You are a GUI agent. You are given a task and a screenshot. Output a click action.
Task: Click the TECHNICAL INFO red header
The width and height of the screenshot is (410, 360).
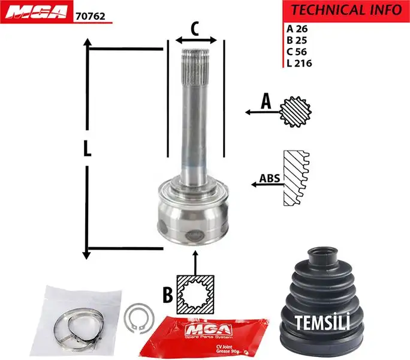click(346, 10)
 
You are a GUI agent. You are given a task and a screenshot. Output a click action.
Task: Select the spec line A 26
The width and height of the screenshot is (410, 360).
click(297, 29)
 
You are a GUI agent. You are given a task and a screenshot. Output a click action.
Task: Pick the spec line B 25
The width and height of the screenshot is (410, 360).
click(297, 40)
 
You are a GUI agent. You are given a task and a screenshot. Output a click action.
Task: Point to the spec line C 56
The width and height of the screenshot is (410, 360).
click(297, 52)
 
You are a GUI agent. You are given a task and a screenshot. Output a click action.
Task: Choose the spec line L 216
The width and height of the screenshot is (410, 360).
click(299, 63)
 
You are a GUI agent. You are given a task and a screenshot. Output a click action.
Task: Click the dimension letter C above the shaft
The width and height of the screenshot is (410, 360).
click(195, 28)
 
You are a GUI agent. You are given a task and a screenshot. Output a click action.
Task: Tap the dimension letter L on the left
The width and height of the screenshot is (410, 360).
click(88, 149)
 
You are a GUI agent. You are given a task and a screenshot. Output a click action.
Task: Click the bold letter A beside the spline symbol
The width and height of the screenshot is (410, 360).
click(265, 103)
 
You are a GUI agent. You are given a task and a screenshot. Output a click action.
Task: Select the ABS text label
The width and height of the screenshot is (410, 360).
click(269, 178)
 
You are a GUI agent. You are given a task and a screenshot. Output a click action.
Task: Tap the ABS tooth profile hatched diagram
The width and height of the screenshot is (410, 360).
click(296, 178)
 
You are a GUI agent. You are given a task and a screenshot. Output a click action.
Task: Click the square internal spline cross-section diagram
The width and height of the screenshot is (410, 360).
click(195, 294)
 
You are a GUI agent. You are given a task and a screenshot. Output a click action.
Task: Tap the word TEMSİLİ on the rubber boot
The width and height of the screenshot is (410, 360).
click(322, 322)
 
